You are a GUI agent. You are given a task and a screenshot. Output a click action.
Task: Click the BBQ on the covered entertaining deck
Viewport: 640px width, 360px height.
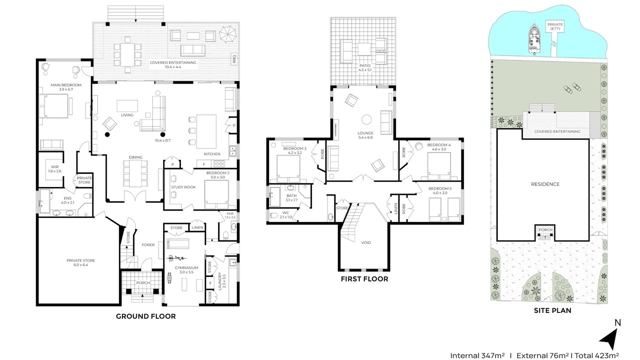coord(234,59)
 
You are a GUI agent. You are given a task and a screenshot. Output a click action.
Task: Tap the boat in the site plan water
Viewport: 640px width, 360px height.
coord(533,39)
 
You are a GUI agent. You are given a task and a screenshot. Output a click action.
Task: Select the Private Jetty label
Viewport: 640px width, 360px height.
coord(555,26)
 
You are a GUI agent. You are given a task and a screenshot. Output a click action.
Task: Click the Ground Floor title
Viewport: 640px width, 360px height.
coord(145,316)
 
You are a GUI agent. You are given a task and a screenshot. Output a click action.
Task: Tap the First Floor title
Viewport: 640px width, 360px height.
coord(364,279)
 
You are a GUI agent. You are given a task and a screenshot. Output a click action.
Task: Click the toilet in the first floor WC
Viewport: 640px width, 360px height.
coord(273,215)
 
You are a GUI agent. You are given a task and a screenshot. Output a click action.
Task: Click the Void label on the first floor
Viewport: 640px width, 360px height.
coord(366,242)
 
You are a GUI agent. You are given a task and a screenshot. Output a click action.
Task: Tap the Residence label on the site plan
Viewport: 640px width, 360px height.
coord(545,184)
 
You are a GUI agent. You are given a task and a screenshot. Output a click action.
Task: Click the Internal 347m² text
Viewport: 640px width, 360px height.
coord(477,355)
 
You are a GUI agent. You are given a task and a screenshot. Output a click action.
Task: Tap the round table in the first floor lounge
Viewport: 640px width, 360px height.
coord(366,119)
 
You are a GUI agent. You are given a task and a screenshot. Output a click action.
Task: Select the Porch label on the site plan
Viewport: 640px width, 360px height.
coord(545,229)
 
